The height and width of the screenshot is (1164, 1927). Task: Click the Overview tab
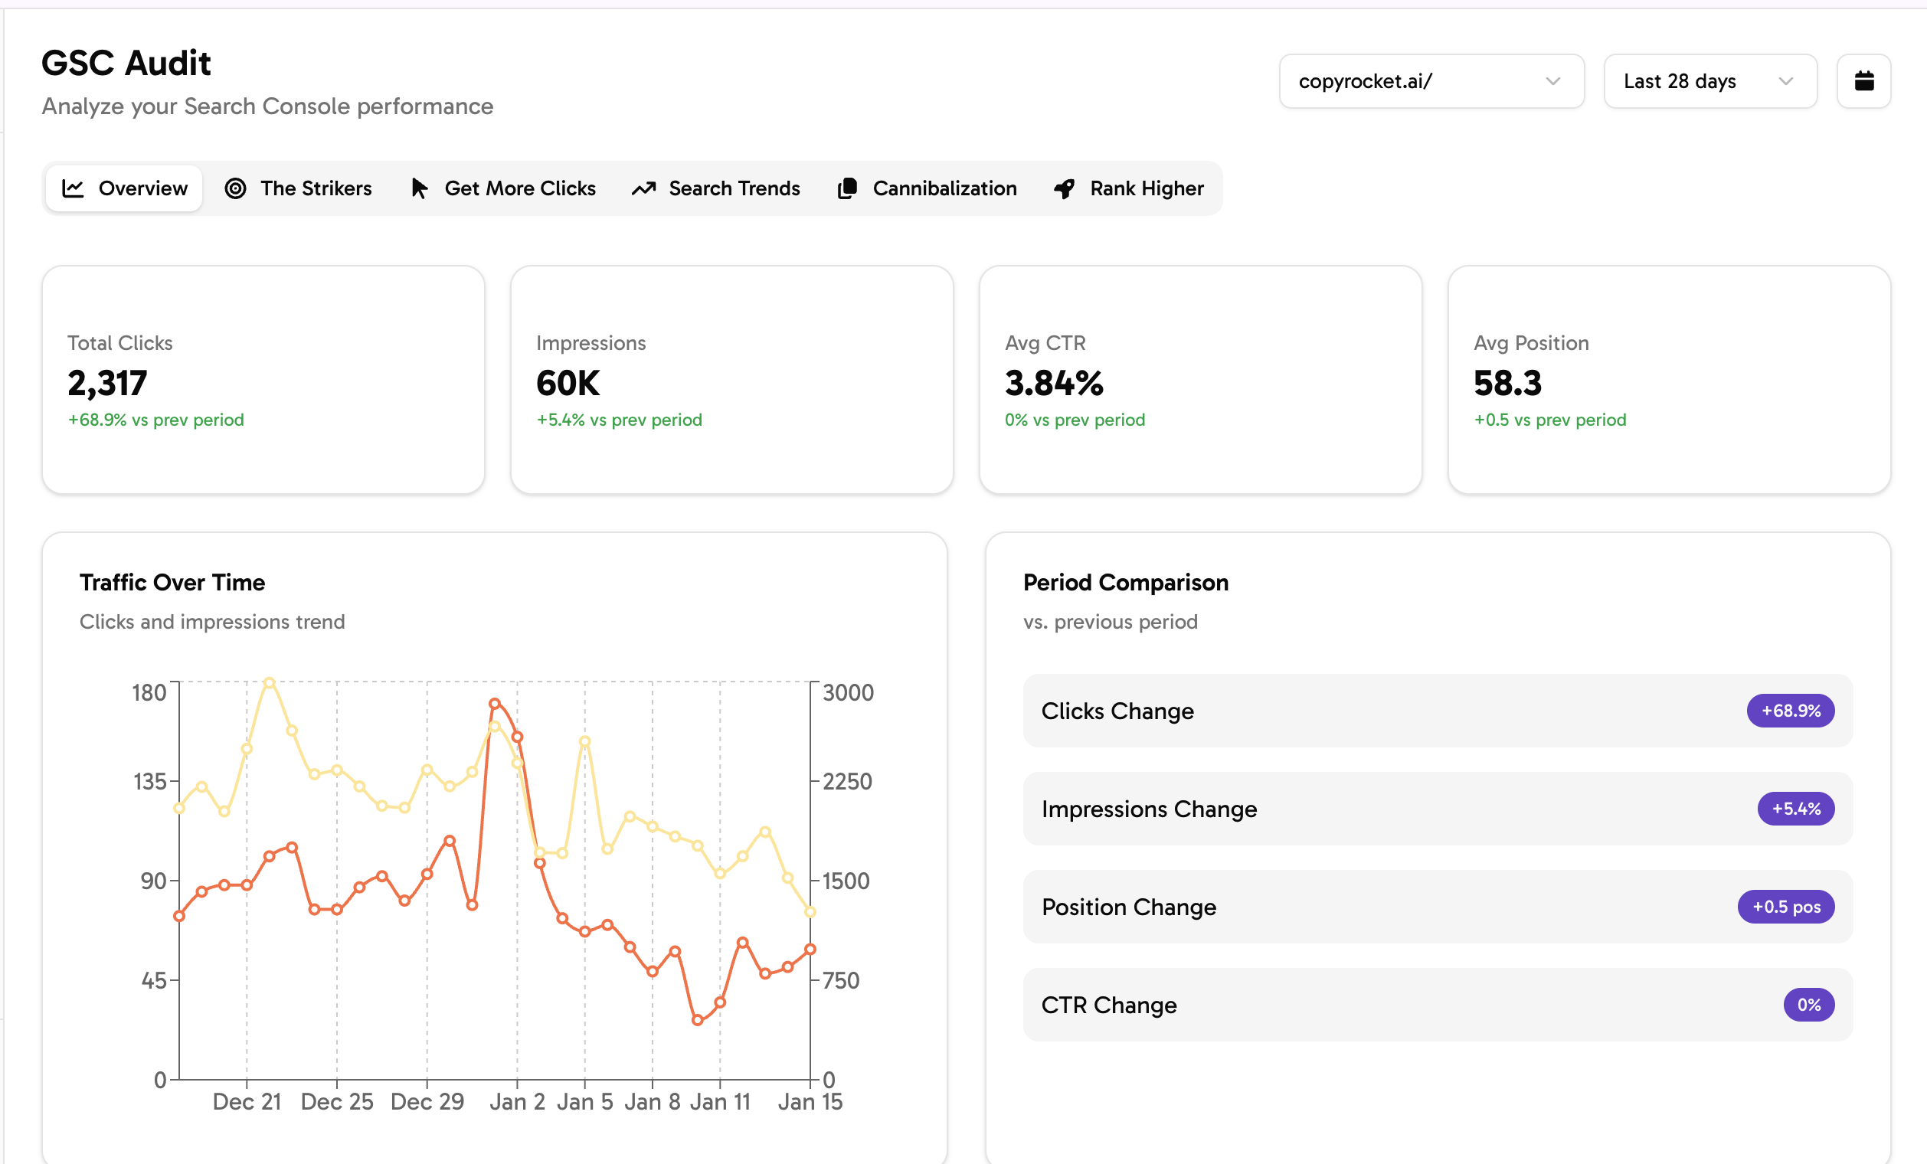124,188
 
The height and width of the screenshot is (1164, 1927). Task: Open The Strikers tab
298,188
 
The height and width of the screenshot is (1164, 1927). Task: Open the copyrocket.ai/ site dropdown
1431,81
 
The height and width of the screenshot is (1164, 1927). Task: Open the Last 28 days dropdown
1709,81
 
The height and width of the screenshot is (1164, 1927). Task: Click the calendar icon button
1863,81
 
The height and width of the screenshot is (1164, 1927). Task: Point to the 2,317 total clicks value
107,383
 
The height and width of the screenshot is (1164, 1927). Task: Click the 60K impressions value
568,383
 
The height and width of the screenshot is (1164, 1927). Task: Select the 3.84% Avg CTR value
1053,383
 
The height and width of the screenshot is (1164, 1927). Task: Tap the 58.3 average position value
1507,383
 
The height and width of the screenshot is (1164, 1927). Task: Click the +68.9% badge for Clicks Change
1789,711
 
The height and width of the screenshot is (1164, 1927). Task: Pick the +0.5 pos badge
1785,907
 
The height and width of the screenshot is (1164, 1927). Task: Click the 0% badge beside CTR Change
1808,1005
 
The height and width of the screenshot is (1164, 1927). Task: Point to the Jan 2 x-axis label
517,1101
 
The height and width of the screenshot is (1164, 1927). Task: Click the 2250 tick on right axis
847,781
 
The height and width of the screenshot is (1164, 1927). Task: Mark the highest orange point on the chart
494,704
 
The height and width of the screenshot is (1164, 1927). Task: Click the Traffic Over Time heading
172,583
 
